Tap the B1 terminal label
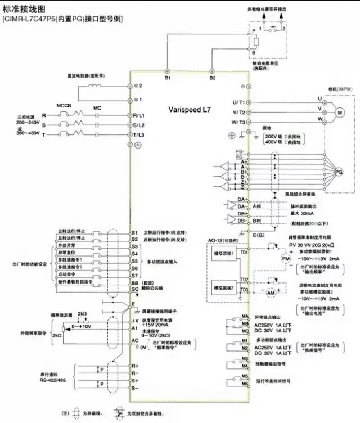tap(167, 78)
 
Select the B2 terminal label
tap(212, 78)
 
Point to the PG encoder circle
tap(339, 170)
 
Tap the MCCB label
tap(64, 105)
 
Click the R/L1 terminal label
tap(138, 115)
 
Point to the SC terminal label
tap(134, 289)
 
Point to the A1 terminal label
tap(135, 327)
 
